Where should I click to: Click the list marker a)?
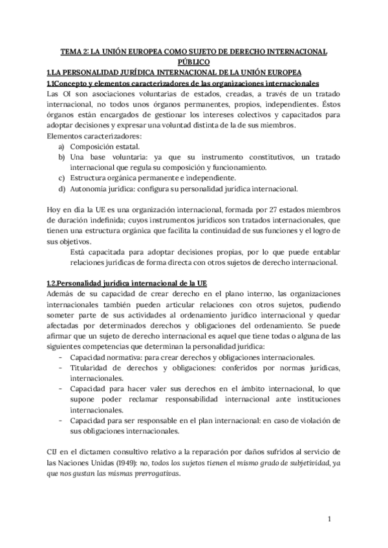pyautogui.click(x=61, y=147)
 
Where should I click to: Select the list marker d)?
pyautogui.click(x=61, y=189)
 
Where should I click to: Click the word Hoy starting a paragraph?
pyautogui.click(x=56, y=211)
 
